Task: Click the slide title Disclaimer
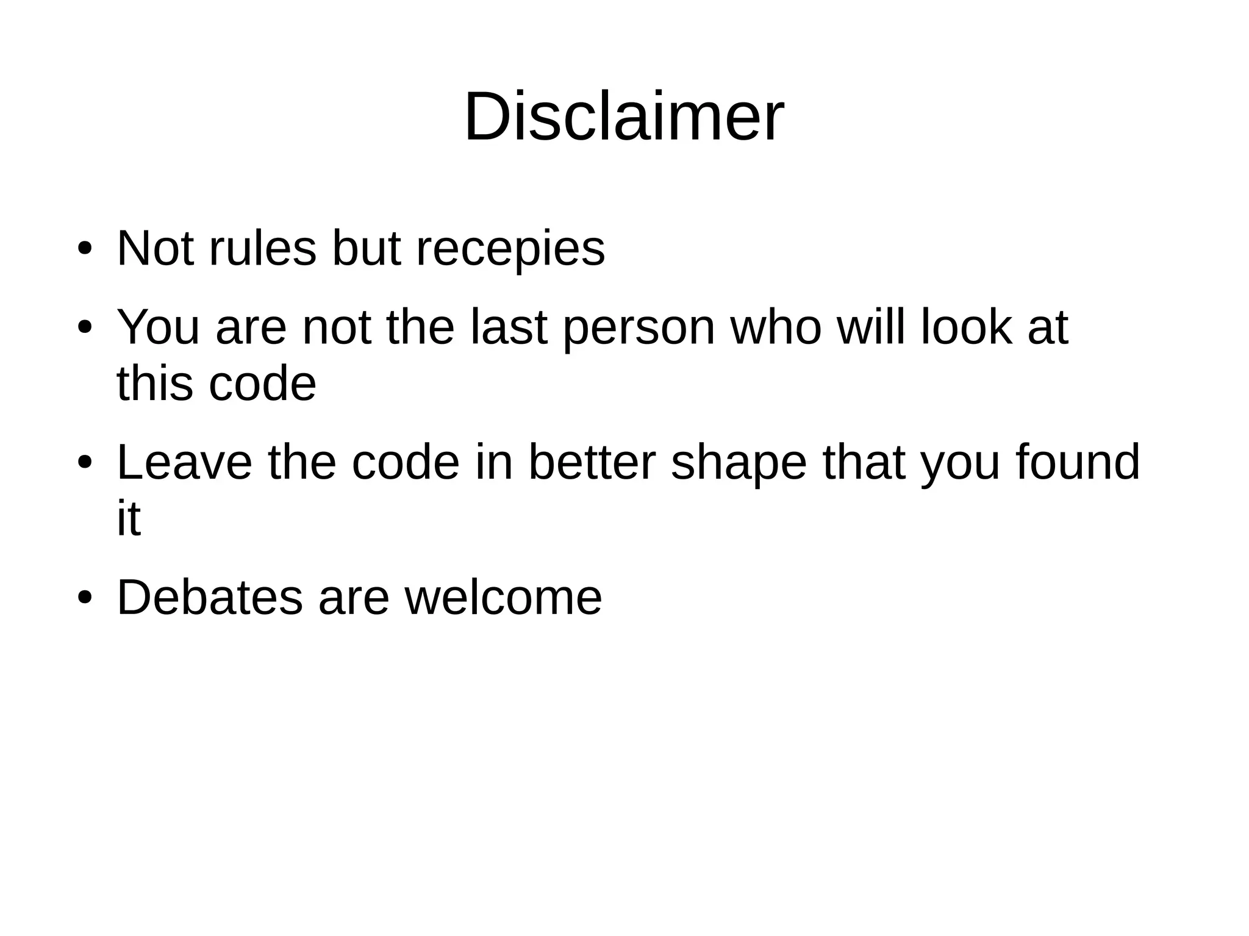623,116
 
